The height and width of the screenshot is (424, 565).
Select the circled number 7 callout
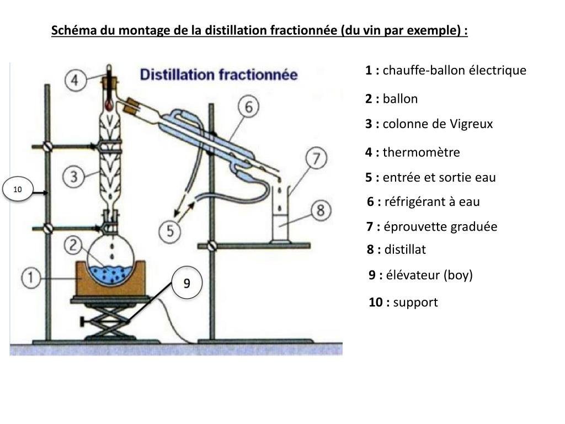pos(316,158)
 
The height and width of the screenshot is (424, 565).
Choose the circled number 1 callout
pos(33,278)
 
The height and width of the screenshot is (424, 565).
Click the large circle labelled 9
pos(186,283)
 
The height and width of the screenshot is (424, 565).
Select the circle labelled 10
pos(18,190)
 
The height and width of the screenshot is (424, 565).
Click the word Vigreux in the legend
pos(471,124)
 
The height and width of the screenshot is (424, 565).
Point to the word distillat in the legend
pos(405,250)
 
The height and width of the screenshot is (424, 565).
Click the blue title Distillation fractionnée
pos(218,75)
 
